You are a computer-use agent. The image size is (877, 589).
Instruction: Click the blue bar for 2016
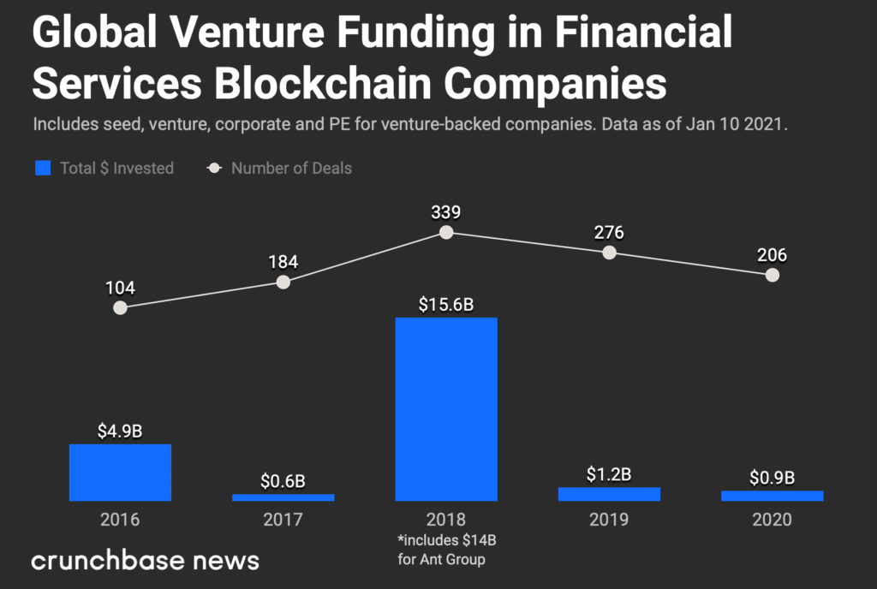click(x=120, y=472)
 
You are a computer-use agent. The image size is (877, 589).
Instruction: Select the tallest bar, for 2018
click(x=445, y=408)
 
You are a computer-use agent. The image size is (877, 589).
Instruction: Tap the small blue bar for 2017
click(x=283, y=497)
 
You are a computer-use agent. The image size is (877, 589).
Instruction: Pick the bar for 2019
click(x=609, y=493)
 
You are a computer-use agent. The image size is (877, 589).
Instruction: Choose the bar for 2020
click(x=772, y=495)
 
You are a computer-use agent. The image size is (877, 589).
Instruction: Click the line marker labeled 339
click(x=445, y=232)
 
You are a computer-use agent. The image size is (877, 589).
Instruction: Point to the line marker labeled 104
click(x=120, y=307)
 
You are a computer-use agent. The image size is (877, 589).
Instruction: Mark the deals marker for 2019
click(x=609, y=253)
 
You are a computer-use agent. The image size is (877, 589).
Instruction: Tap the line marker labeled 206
click(x=772, y=275)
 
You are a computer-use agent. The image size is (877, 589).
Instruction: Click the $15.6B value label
click(x=445, y=305)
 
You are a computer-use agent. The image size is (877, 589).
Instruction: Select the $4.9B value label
click(x=120, y=431)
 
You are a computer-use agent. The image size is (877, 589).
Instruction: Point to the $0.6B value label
click(x=283, y=480)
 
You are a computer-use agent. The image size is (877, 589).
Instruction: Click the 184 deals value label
click(x=283, y=261)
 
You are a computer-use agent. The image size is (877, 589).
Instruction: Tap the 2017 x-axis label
click(x=283, y=520)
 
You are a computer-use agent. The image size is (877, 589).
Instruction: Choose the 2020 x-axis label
click(x=772, y=520)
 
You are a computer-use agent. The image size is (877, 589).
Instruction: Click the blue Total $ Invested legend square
click(x=43, y=168)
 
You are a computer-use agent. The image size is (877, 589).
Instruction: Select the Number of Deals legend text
click(x=291, y=168)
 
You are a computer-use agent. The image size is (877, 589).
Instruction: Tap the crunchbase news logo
click(x=145, y=561)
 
